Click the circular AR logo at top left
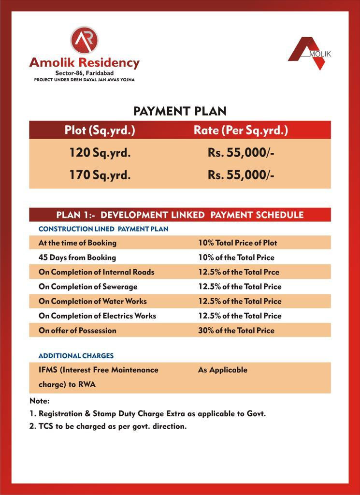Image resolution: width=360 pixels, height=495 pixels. pyautogui.click(x=84, y=40)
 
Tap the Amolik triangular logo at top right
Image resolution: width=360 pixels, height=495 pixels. pyautogui.click(x=309, y=52)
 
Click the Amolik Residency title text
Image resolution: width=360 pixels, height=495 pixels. pyautogui.click(x=84, y=63)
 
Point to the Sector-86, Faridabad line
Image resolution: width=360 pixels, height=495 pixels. pyautogui.click(x=84, y=73)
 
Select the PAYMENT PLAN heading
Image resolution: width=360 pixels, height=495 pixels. pyautogui.click(x=180, y=111)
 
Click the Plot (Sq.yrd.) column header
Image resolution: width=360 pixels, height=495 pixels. pyautogui.click(x=100, y=130)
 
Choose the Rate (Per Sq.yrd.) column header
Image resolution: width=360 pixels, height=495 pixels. pyautogui.click(x=241, y=130)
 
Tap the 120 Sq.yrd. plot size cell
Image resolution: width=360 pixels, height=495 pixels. pyautogui.click(x=100, y=153)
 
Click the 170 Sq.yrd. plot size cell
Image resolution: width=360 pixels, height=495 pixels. pyautogui.click(x=100, y=175)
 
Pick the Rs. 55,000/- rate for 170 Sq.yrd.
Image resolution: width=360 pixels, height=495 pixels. pyautogui.click(x=241, y=175)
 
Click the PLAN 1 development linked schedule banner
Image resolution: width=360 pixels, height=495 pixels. pyautogui.click(x=180, y=215)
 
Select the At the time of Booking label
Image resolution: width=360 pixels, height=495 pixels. pyautogui.click(x=77, y=243)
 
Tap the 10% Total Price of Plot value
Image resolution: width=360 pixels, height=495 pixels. pyautogui.click(x=237, y=243)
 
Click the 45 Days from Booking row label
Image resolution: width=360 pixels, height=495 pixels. pyautogui.click(x=77, y=257)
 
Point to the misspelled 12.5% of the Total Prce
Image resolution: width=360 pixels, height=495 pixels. pyautogui.click(x=238, y=272)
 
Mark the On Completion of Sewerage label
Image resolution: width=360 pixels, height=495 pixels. pyautogui.click(x=88, y=286)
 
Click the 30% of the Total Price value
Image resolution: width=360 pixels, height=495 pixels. pyautogui.click(x=236, y=331)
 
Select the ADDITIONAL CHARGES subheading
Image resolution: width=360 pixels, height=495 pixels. pyautogui.click(x=76, y=356)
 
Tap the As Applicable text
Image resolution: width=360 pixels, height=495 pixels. pyautogui.click(x=222, y=370)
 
